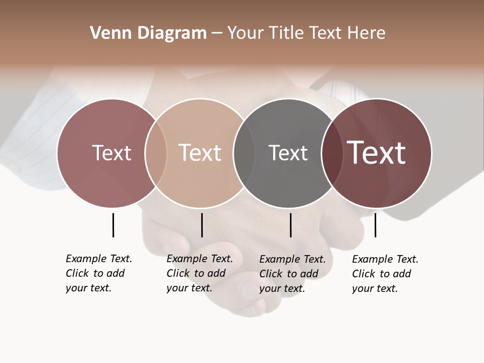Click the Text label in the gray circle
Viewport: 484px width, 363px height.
click(288, 153)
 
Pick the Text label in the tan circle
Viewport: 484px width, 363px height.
click(200, 153)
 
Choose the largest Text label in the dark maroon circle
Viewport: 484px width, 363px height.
click(377, 153)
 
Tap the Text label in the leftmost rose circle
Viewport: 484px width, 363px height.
click(111, 153)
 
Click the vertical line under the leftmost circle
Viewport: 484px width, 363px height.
click(113, 225)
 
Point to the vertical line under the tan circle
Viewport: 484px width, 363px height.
click(202, 225)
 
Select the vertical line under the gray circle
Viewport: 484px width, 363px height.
click(290, 225)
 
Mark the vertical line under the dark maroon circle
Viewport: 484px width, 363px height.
click(375, 225)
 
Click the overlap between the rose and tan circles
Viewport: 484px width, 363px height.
click(156, 153)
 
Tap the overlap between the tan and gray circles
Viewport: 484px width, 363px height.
click(245, 153)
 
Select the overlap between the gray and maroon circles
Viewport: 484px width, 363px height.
click(331, 153)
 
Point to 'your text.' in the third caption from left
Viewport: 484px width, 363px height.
click(282, 288)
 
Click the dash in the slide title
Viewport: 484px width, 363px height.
click(217, 33)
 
